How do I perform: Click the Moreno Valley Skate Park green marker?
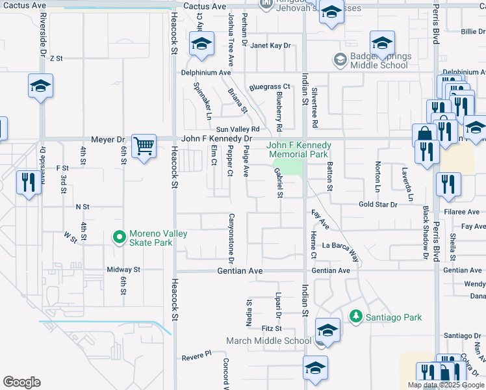119,238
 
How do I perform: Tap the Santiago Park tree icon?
355,317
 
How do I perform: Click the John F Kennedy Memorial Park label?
299,149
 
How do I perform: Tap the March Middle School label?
268,341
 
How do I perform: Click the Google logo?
21,382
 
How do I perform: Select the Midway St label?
123,269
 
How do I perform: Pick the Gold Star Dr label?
377,204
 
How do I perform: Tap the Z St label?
55,58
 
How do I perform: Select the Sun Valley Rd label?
238,129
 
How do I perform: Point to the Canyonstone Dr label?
231,234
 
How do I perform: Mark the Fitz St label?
271,328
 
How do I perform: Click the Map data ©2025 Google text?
446,385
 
